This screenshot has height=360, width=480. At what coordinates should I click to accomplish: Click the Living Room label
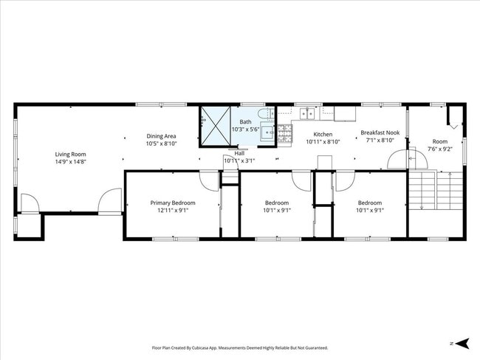click(x=70, y=154)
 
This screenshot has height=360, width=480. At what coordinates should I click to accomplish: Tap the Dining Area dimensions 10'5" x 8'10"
click(x=161, y=143)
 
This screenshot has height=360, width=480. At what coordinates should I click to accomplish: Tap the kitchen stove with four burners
click(x=284, y=134)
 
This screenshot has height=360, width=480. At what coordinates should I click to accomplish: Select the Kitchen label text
click(x=323, y=134)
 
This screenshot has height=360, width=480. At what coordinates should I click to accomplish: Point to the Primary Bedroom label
click(x=173, y=203)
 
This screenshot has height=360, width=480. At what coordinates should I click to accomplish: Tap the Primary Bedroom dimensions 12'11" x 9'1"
click(x=173, y=210)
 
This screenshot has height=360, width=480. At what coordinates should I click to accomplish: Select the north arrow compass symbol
click(x=462, y=343)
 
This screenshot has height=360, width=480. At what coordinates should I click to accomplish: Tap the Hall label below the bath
click(x=239, y=154)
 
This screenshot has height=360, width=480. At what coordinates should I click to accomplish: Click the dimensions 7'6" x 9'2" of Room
click(x=439, y=149)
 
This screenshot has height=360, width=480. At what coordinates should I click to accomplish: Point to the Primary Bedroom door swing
click(x=209, y=180)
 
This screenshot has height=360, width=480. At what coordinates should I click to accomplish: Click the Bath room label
click(x=244, y=121)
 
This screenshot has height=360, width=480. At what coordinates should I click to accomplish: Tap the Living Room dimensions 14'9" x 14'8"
click(x=70, y=162)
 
